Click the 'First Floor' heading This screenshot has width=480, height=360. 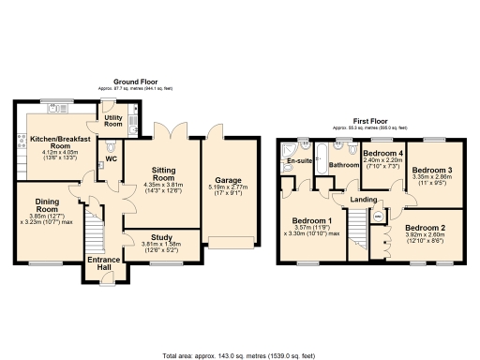tap(370, 121)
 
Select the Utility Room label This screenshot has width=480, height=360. tap(113, 120)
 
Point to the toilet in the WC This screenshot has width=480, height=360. tap(111, 148)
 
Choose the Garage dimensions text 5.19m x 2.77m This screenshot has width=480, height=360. tap(231, 187)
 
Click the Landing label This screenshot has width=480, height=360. tap(365, 199)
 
